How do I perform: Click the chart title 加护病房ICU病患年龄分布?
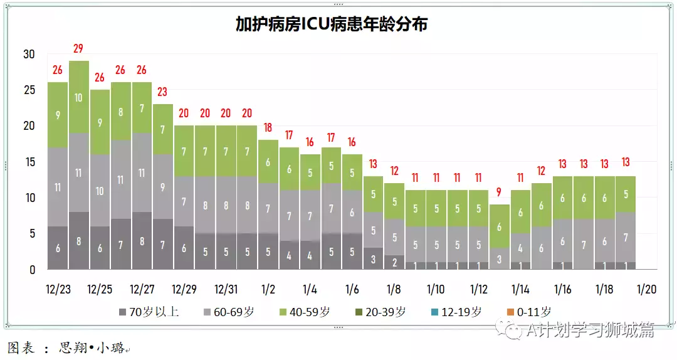point(332,24)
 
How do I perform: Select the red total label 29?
point(78,48)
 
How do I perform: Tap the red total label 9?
point(499,192)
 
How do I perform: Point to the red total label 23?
point(162,92)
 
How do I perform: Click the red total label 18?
point(268,127)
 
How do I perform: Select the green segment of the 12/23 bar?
point(58,115)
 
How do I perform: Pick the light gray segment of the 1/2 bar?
point(268,208)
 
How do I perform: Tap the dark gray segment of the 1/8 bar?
point(394,262)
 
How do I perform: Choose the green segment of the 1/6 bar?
point(352,172)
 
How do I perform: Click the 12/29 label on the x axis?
point(184,290)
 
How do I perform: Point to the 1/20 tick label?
point(647,290)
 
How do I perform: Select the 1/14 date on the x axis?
point(520,290)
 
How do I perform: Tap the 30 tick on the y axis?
point(29,55)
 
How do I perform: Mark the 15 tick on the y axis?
point(29,162)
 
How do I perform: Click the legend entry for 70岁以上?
point(149,312)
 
